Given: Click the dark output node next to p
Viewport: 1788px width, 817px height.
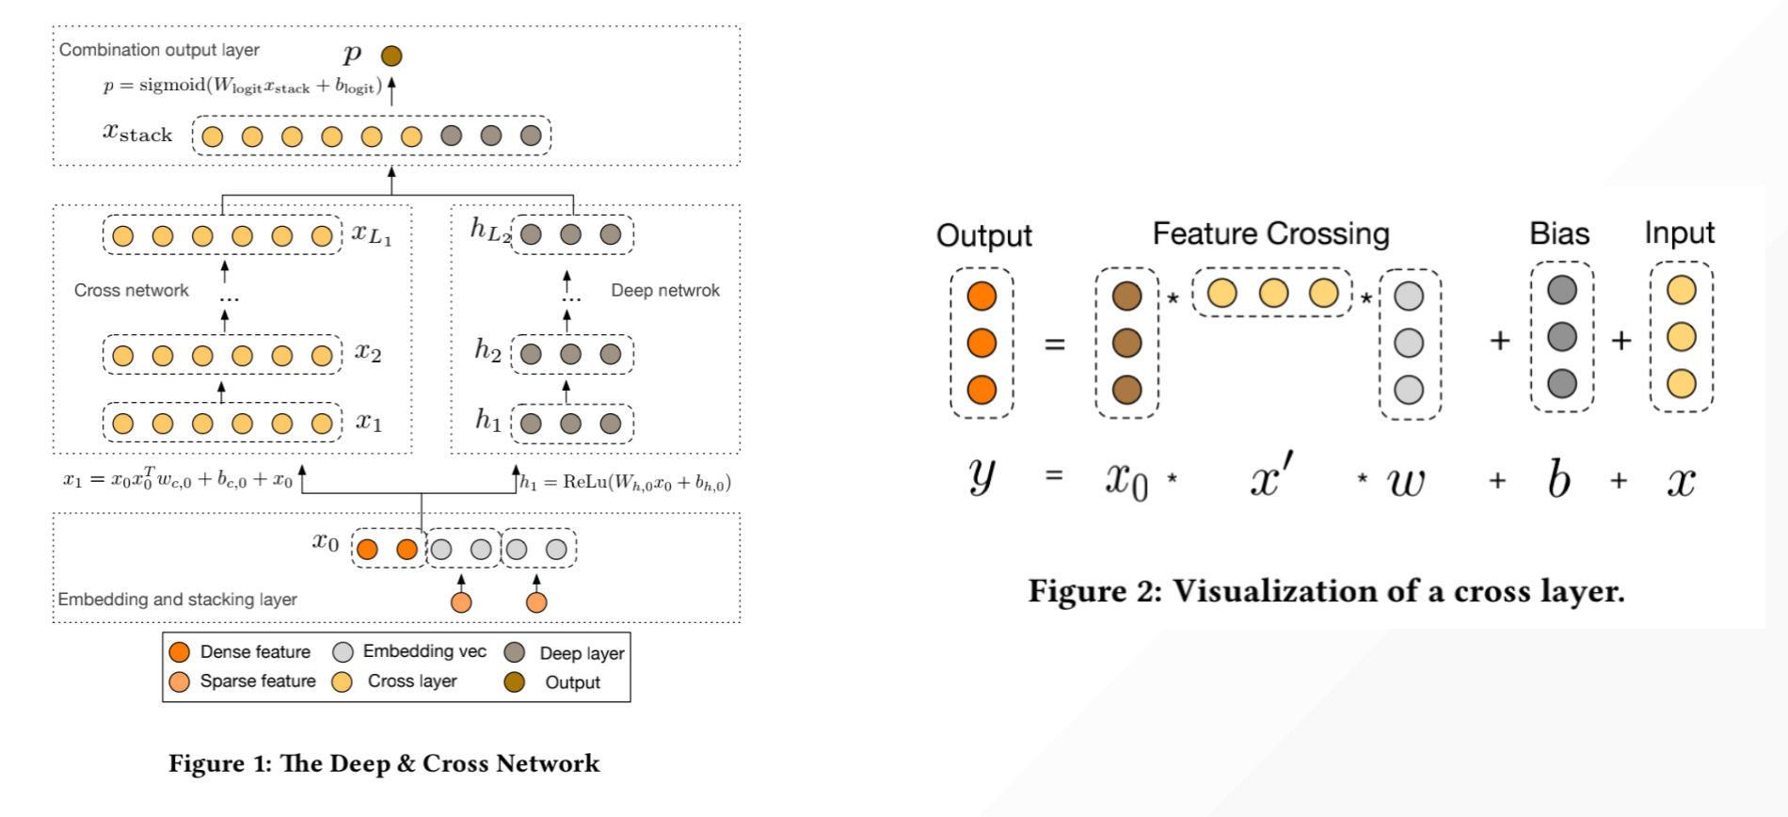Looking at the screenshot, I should pos(391,56).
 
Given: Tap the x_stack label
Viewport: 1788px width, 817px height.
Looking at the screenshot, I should pos(137,134).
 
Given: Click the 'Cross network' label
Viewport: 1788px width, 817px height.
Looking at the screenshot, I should pos(131,291).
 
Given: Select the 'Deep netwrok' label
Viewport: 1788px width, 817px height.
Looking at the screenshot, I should pos(664,291).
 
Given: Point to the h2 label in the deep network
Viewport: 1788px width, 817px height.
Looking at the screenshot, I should pos(487,351).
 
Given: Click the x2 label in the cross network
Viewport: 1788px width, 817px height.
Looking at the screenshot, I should pos(368,353).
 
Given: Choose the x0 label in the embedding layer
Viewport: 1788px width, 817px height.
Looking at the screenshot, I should pos(326,542).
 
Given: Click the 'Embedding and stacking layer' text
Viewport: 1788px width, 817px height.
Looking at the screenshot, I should pos(177,600).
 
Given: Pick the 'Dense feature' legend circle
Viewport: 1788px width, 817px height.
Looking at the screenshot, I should pos(179,652).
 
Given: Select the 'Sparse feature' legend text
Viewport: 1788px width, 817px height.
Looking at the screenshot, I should pos(257,681).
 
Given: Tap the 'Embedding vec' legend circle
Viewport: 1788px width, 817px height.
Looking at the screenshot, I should pos(343,652).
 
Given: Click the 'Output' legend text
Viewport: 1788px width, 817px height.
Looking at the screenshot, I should pos(572,682).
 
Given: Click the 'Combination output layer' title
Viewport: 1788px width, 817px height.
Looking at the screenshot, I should pos(159,50).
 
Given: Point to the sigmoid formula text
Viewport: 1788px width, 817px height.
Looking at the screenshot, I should pos(243,86).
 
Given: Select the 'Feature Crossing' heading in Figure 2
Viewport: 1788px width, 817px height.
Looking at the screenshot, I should pos(1270,233).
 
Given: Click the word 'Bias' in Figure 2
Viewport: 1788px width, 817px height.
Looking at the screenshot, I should pos(1559,233).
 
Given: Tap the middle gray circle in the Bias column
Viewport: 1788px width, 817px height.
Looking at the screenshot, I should pos(1562,337).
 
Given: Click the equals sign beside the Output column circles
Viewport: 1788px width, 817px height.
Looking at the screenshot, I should pos(1055,344).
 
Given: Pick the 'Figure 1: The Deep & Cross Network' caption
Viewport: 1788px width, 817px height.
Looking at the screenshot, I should pos(384,763).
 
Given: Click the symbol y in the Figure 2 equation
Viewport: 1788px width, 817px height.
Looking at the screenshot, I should pos(982,477).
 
